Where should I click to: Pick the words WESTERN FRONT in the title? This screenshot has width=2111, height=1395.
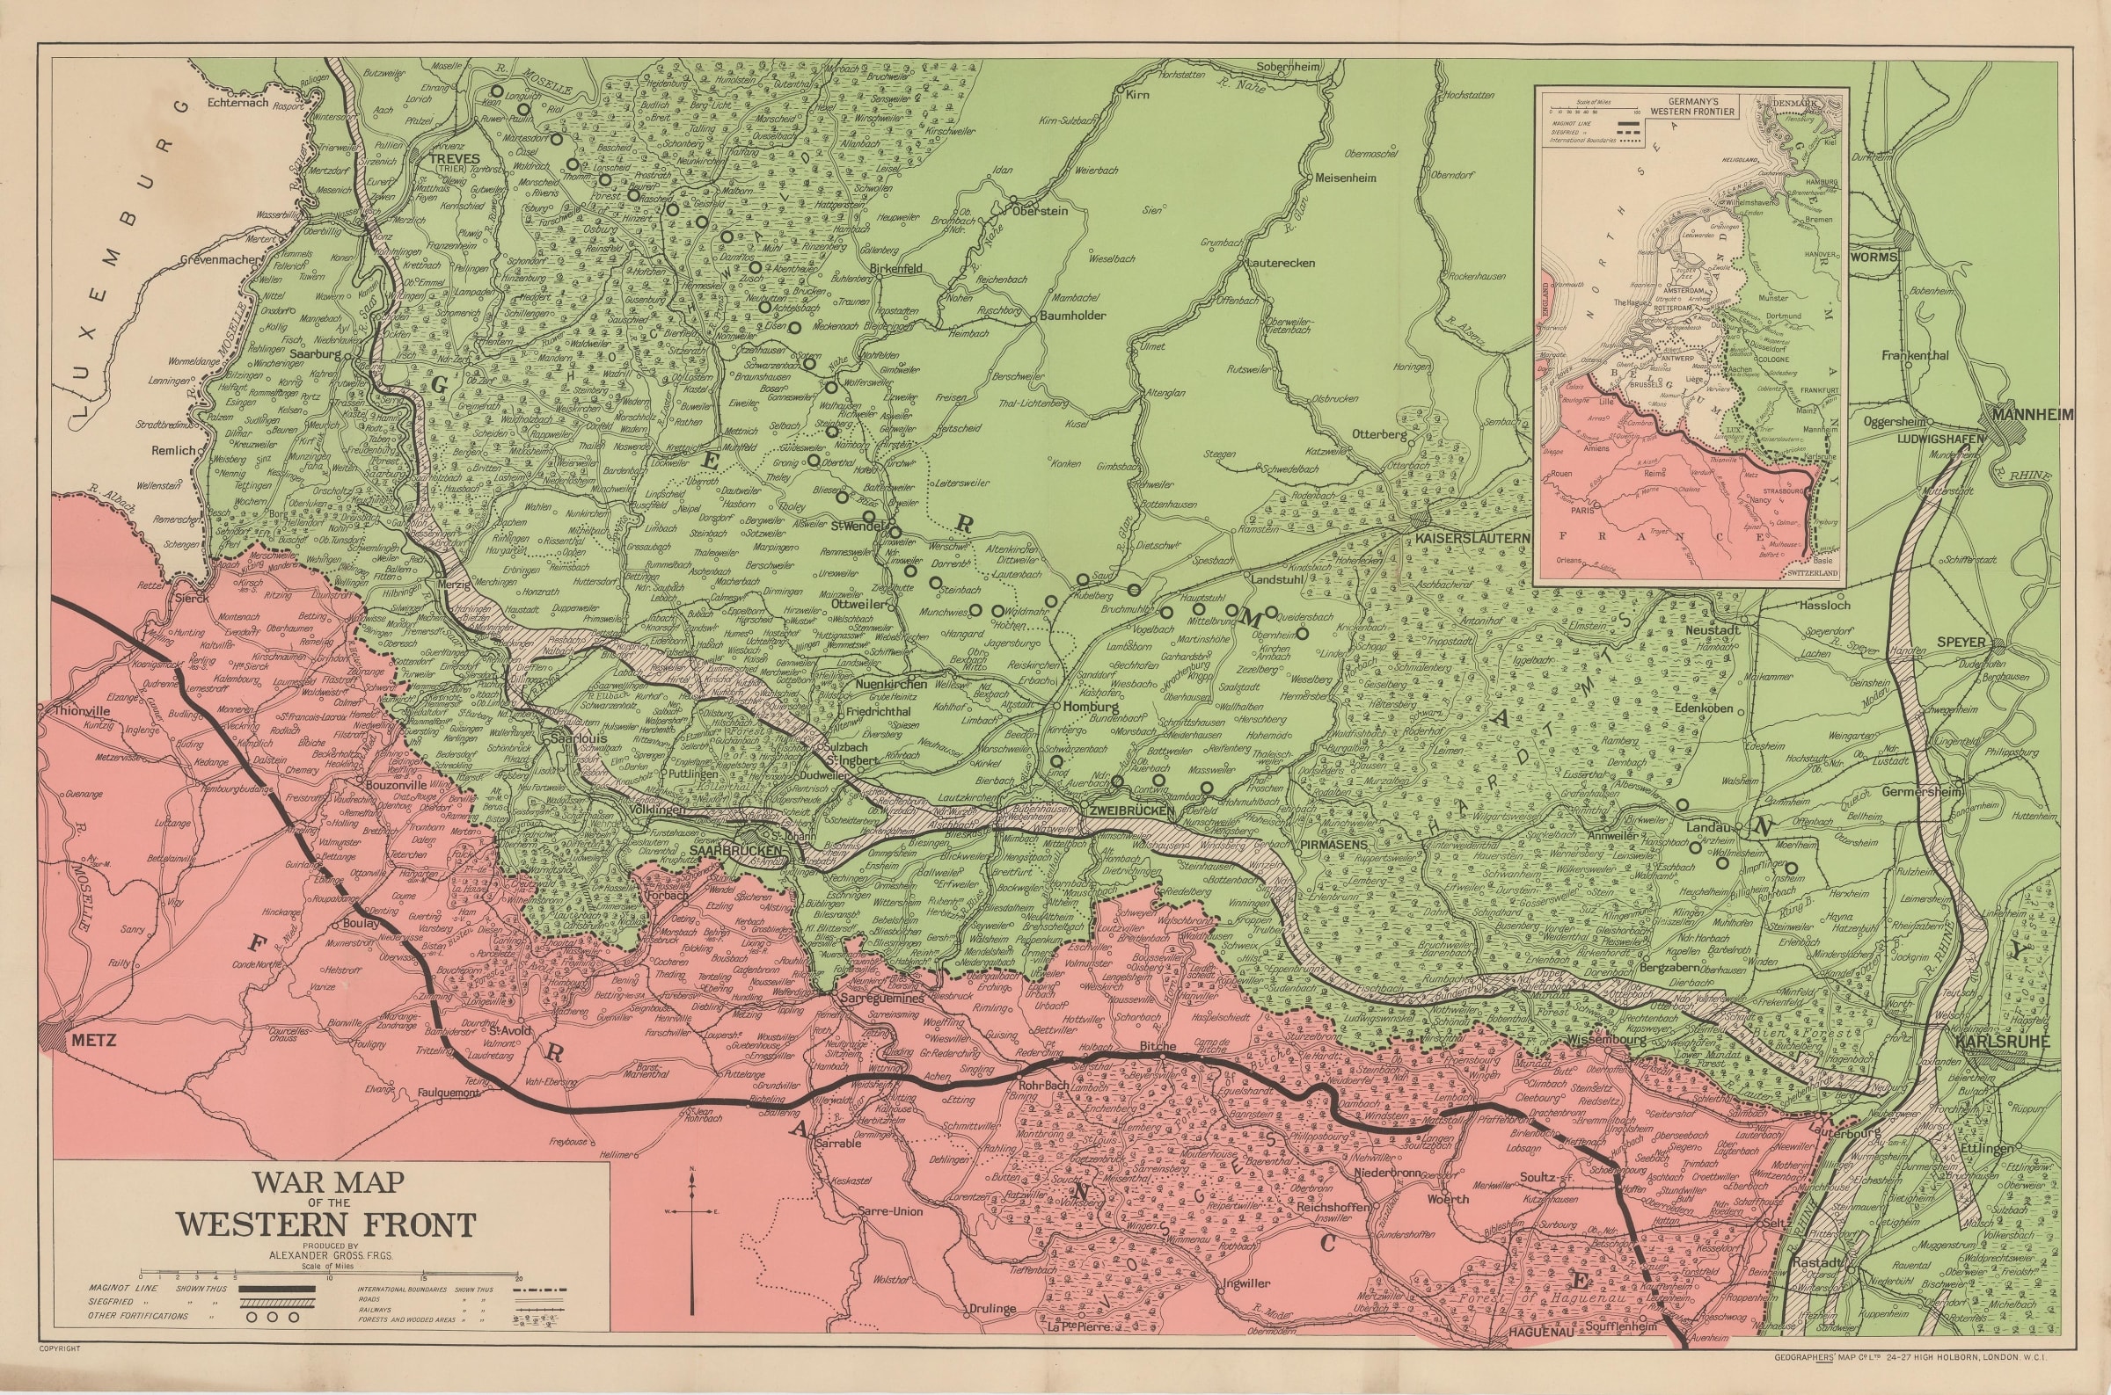point(325,1224)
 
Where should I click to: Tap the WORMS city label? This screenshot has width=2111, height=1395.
point(1874,258)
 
